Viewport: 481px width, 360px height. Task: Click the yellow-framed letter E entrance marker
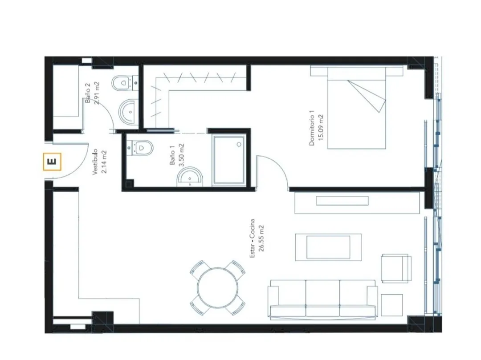pos(52,161)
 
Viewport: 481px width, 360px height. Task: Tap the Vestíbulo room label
pos(95,162)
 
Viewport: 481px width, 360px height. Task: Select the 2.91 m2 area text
pos(97,93)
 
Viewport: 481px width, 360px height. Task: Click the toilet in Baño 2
pos(124,83)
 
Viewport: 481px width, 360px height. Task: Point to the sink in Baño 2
pos(129,112)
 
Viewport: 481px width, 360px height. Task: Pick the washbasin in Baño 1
pos(190,177)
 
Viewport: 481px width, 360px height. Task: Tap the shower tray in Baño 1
pos(229,161)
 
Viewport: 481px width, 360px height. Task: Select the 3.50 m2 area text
pos(182,155)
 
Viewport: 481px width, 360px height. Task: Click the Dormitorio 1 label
pos(312,130)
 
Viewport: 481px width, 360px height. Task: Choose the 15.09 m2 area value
pos(321,127)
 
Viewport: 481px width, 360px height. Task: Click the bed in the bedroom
pos(356,108)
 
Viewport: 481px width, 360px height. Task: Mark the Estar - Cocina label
pos(252,238)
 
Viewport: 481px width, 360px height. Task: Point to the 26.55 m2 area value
pos(261,239)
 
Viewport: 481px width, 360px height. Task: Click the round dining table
pos(218,288)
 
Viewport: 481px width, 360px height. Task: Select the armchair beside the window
pos(396,268)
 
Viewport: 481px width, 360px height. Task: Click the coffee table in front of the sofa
pos(328,247)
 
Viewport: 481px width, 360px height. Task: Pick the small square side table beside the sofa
pos(392,305)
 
